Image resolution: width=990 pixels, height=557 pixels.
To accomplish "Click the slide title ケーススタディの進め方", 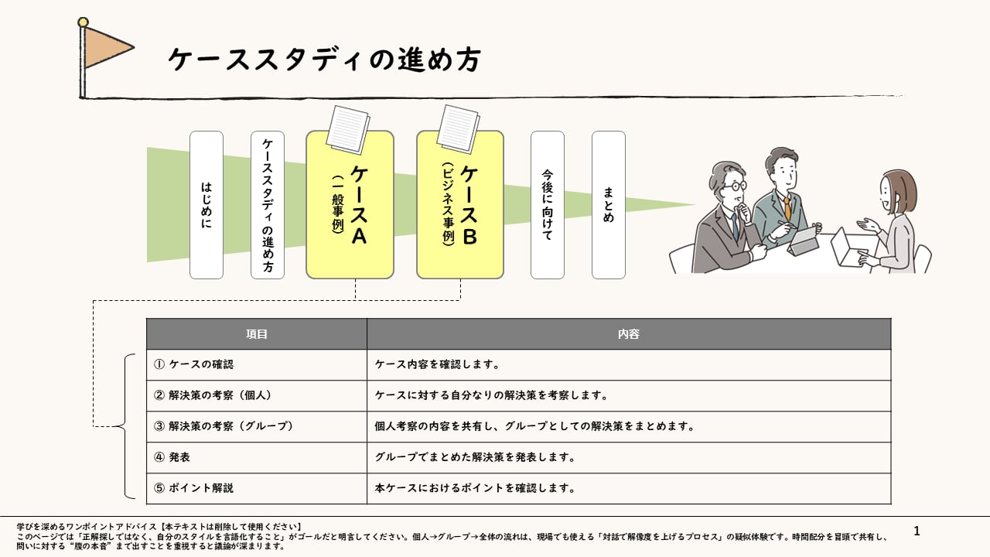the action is coord(324,60).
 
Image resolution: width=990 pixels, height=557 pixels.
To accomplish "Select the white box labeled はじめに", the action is coord(207,205).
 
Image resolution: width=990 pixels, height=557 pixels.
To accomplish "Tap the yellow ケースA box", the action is coord(350,205).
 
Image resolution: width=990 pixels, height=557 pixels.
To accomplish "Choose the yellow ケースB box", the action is coord(460,205).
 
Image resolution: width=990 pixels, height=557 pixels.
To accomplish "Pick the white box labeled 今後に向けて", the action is coord(548,205).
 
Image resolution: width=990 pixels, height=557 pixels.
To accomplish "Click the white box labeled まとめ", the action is coord(609,205).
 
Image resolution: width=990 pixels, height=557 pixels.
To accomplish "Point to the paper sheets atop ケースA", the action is coord(348,129).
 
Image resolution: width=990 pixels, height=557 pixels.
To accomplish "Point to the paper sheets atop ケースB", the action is coord(459,129).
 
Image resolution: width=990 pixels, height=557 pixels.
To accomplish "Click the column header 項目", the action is coord(256,333).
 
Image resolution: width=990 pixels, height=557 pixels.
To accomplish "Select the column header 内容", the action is coord(629,333).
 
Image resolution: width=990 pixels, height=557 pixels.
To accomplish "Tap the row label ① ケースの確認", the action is coord(193,364).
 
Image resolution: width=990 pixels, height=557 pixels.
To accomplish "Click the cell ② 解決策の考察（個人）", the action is coord(213,395).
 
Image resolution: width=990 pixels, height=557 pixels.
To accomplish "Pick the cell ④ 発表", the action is coord(172,457).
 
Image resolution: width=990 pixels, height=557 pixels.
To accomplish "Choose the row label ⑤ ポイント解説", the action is coord(193,488).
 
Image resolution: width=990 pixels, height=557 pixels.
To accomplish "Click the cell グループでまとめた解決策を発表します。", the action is coord(475,457).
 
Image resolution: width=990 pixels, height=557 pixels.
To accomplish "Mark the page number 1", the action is coord(917,531).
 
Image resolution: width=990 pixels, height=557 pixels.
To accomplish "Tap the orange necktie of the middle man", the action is coord(788,210).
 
